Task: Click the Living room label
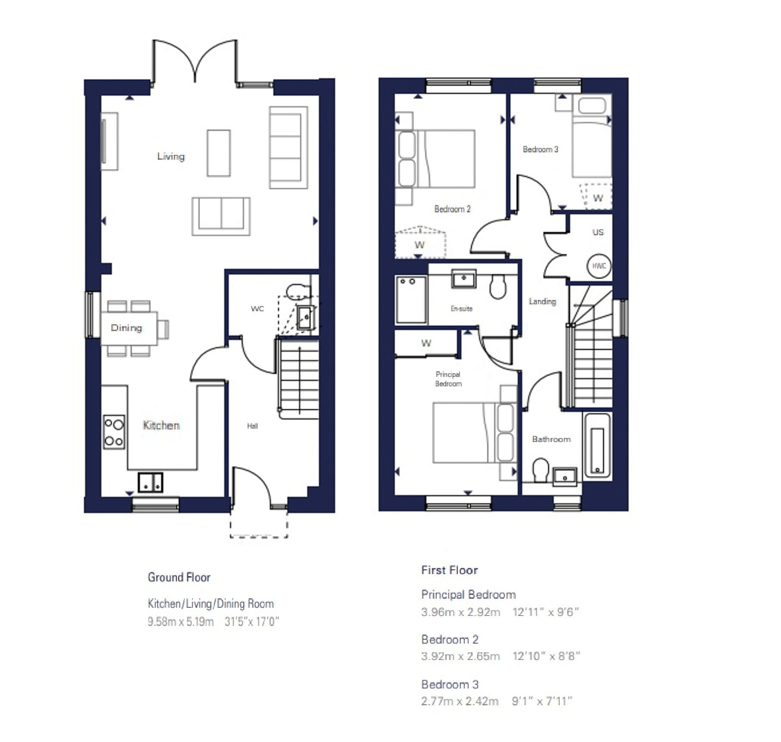point(171,156)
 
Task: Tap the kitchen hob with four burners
point(114,432)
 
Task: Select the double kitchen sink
point(150,483)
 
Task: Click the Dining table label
point(126,328)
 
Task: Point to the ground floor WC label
point(257,309)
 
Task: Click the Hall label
point(252,426)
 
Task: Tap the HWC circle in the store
point(599,266)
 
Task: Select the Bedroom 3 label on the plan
point(540,149)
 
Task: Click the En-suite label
point(461,309)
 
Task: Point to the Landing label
point(542,301)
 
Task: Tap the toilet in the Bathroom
point(540,470)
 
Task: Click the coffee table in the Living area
point(218,153)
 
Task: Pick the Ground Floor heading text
point(179,577)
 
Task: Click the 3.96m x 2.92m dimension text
point(460,612)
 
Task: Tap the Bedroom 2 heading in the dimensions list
point(450,639)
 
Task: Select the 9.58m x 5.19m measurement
point(180,622)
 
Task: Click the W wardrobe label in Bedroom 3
point(598,198)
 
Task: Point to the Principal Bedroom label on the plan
point(448,379)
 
